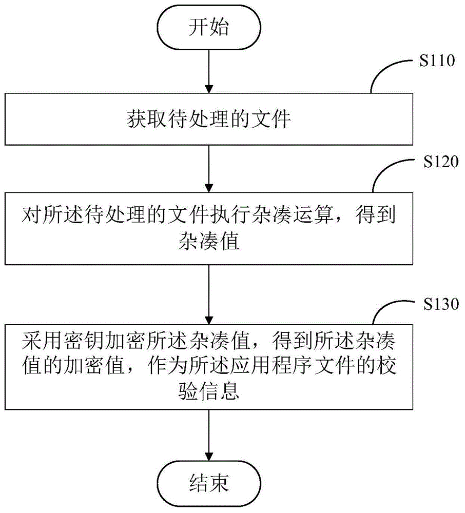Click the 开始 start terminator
(209, 27)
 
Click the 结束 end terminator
(209, 483)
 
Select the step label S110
(437, 61)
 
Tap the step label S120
(441, 162)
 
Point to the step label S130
(441, 304)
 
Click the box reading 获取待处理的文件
(209, 119)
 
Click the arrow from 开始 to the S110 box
(209, 71)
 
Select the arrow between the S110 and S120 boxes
(209, 168)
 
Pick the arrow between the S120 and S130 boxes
(209, 294)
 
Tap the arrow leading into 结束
(209, 435)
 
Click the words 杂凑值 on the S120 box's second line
(209, 242)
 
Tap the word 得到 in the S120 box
(376, 215)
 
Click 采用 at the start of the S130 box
(42, 340)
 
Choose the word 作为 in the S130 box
(167, 366)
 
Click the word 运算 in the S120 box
(313, 215)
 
